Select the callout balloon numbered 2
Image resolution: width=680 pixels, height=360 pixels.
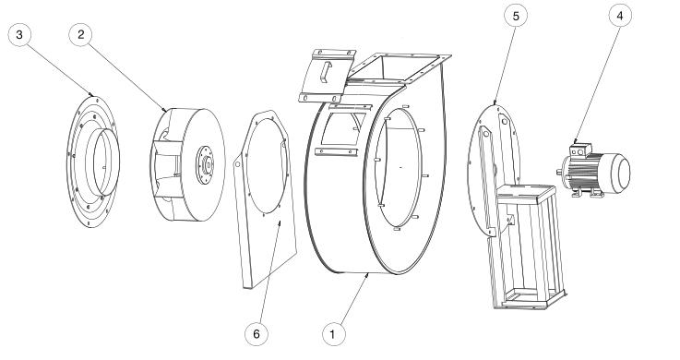(x=82, y=34)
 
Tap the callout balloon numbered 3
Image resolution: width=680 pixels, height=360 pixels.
(x=19, y=34)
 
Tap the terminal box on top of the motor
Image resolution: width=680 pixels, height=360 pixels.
(x=580, y=144)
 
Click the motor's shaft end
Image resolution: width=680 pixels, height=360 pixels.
(x=560, y=172)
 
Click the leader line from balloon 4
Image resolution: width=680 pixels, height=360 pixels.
(x=599, y=83)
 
